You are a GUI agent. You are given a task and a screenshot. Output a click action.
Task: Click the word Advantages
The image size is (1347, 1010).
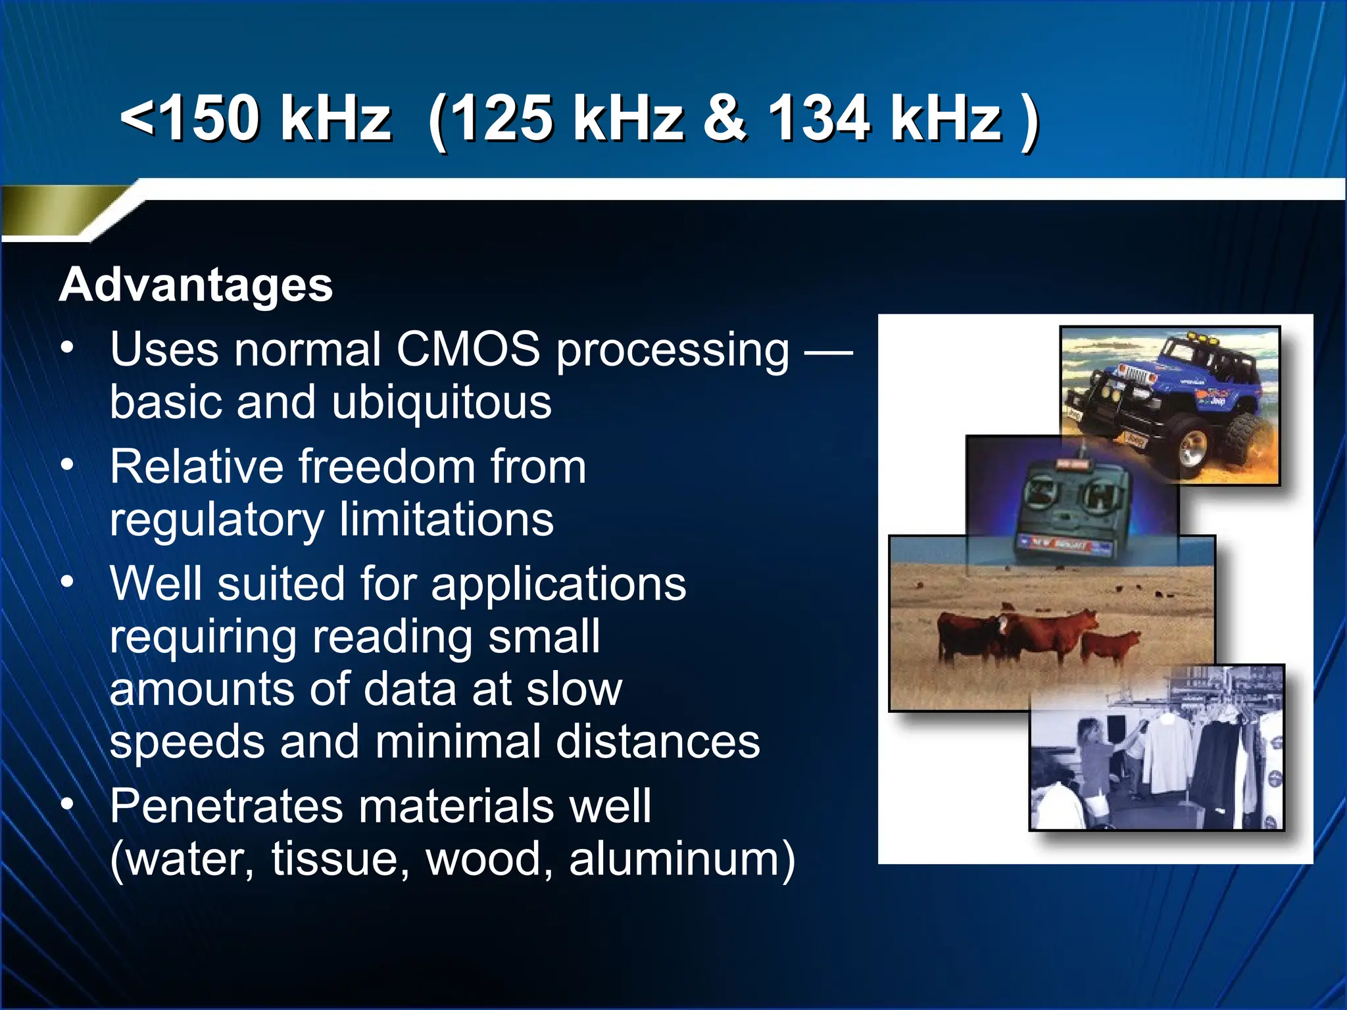click(x=196, y=285)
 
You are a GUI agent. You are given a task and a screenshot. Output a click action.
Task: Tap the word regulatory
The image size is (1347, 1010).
click(x=216, y=519)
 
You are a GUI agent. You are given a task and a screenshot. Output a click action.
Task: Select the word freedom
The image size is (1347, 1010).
click(x=386, y=467)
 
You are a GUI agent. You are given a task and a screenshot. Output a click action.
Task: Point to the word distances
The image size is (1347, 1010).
click(x=658, y=742)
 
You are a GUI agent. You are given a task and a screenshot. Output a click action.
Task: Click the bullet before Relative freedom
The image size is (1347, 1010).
click(x=68, y=466)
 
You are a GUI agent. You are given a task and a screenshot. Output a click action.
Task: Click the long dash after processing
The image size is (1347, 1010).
click(x=829, y=352)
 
